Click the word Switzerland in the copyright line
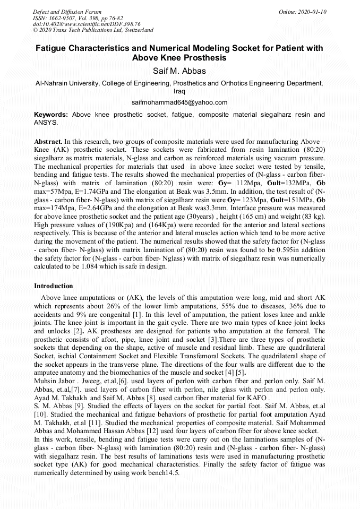(x=135, y=30)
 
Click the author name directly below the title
(x=179, y=71)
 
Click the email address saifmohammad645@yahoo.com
(x=179, y=102)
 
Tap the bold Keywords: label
(x=51, y=115)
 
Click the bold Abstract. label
(x=48, y=142)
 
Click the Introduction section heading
(x=54, y=286)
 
